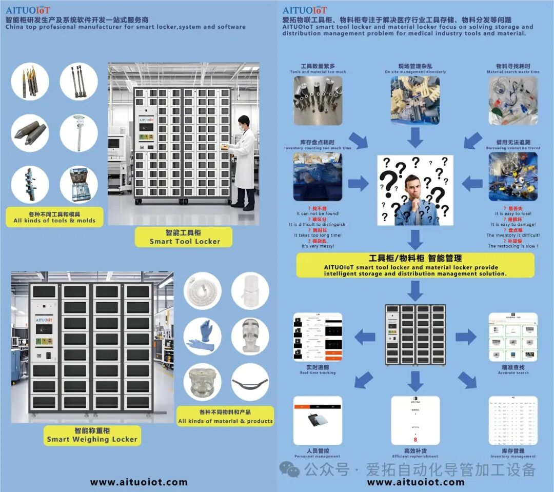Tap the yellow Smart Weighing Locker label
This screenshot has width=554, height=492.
tap(92, 435)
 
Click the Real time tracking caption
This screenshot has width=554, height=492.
tap(318, 370)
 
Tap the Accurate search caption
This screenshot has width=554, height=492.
tap(513, 370)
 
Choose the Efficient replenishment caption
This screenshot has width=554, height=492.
tap(415, 454)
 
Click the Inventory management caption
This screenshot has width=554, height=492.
tap(513, 454)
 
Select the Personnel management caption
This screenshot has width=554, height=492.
tap(318, 454)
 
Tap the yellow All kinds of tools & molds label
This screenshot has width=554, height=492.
tap(54, 217)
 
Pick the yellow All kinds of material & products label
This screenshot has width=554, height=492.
tap(226, 416)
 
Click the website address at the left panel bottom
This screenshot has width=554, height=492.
tap(139, 482)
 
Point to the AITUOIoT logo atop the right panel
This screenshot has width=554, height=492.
tap(305, 10)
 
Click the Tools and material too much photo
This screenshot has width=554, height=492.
tap(318, 101)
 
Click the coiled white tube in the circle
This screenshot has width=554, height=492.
tap(203, 291)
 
